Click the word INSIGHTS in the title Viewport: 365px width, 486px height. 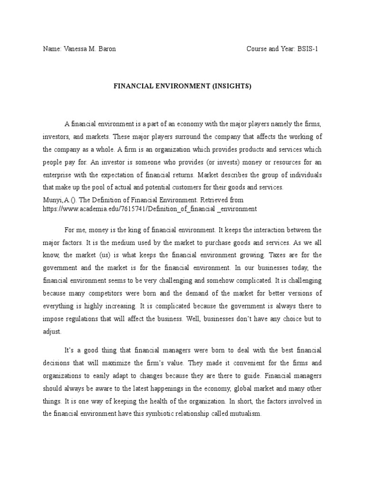pos(219,86)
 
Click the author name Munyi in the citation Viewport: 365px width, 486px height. pos(52,200)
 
